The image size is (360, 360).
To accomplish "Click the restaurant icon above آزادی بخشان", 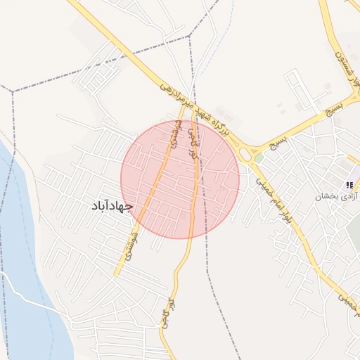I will (x=350, y=184).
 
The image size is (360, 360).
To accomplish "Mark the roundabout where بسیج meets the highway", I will (x=248, y=153).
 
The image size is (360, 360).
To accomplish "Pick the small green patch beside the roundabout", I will (x=259, y=159).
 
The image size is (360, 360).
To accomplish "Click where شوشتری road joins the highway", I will (x=185, y=105).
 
